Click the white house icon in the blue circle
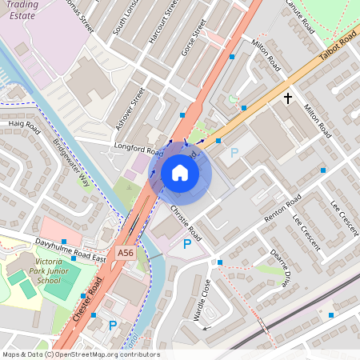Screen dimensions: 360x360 [x=180, y=173]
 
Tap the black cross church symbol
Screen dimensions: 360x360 [x=287, y=98]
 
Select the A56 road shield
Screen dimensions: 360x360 [x=125, y=253]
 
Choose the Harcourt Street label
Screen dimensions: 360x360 [x=169, y=21]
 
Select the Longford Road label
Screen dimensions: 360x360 [x=138, y=149]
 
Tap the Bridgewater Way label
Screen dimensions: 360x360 [x=72, y=165]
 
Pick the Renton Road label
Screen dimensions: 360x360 [x=285, y=209]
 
